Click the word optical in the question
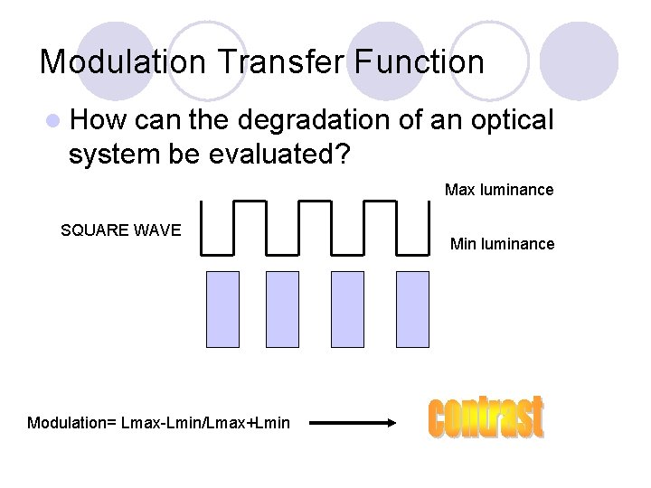(x=511, y=120)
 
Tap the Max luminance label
(x=498, y=191)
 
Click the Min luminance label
(x=502, y=244)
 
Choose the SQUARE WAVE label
(x=121, y=230)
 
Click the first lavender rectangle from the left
(x=222, y=309)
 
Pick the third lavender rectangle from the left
(x=347, y=309)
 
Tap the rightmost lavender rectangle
(x=412, y=309)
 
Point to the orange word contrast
(x=486, y=418)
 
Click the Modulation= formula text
(x=159, y=423)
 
